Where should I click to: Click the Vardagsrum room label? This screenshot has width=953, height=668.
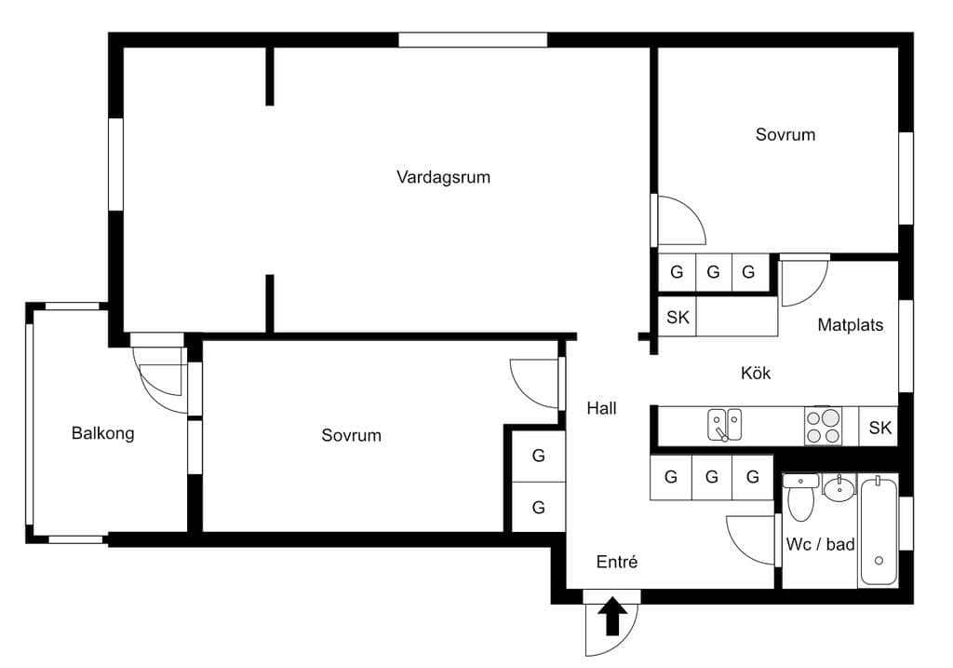pos(443,177)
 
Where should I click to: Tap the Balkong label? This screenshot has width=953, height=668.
pos(102,433)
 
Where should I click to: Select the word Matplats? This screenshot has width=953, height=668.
pos(851,325)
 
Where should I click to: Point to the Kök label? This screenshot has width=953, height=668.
pos(756,373)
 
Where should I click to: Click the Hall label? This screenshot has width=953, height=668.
pos(602,408)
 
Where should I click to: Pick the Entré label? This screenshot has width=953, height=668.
pos(617,562)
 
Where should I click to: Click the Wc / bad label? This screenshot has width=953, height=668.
pos(820,544)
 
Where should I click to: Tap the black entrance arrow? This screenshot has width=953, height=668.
pos(612,616)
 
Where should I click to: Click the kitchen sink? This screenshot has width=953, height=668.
pos(724,425)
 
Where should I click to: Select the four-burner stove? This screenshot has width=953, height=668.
pos(823,425)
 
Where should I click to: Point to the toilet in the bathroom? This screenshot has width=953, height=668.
pos(800,497)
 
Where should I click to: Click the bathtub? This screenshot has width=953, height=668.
pos(879,532)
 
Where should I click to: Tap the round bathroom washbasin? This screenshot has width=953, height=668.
pos(839,488)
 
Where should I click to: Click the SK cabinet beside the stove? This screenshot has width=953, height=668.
pos(879,427)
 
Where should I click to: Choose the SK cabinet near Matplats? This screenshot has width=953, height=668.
pos(678,317)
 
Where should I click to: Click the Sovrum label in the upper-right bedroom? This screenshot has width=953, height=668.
pos(785,134)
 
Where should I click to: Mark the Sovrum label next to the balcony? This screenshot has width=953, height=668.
pos(351,435)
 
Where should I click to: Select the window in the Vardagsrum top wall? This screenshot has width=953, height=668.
pos(473,40)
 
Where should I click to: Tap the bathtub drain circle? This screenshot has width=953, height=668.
pos(879,561)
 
